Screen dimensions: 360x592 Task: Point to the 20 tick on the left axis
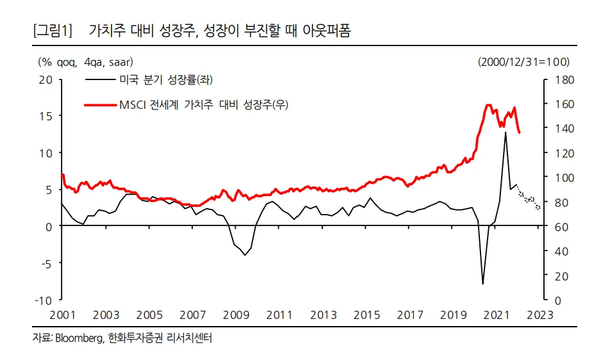point(45,80)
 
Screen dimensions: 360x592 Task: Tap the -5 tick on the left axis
point(45,263)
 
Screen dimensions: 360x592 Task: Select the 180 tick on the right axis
point(558,80)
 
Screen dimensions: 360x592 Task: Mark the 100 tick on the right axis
point(558,177)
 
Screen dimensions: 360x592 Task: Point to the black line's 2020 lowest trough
point(482,284)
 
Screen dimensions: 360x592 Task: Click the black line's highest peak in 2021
point(505,133)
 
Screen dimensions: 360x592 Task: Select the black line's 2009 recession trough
point(245,255)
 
